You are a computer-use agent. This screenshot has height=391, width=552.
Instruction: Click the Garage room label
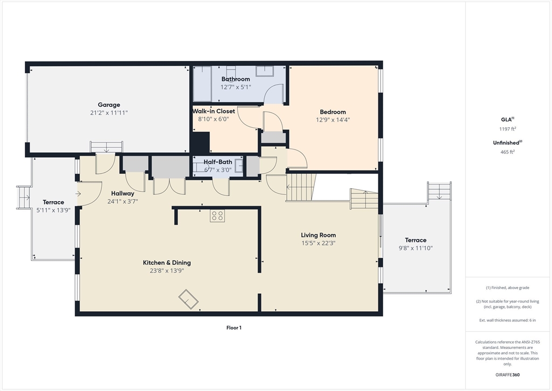coord(109,105)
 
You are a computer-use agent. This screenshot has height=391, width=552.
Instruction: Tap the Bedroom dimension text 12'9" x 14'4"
coord(333,120)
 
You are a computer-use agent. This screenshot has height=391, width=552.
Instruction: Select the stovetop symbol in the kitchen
coord(217,216)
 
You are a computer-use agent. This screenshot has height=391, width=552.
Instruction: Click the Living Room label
coord(318,235)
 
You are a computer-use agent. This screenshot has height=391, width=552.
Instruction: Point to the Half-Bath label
coord(218,162)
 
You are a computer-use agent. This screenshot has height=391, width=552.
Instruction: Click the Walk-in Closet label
coord(213,111)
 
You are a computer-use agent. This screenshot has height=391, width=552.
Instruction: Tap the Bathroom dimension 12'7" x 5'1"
coord(236,87)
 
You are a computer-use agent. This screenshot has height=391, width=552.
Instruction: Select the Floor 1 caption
coord(234,327)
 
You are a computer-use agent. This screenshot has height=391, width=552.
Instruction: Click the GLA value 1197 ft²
coord(508,129)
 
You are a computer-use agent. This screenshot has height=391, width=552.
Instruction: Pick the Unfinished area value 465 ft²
coord(508,152)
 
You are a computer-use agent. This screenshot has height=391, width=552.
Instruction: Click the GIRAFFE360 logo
coord(507,375)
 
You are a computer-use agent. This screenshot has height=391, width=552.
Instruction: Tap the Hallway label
coord(122,194)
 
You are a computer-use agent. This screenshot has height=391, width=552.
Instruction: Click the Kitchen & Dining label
coord(167,263)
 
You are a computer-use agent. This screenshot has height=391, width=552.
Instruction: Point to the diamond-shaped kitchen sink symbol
coord(188,299)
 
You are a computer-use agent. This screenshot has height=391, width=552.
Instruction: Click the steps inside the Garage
coord(106,147)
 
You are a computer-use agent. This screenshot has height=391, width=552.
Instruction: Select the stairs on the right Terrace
coord(439,191)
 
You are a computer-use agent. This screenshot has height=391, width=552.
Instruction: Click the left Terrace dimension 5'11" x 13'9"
coord(53,210)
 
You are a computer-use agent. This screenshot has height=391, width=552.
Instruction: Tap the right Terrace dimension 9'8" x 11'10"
coord(416,248)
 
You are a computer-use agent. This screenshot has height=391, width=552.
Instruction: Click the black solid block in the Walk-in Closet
coord(201,143)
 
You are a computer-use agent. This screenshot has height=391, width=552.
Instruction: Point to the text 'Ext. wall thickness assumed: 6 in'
coord(508,320)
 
